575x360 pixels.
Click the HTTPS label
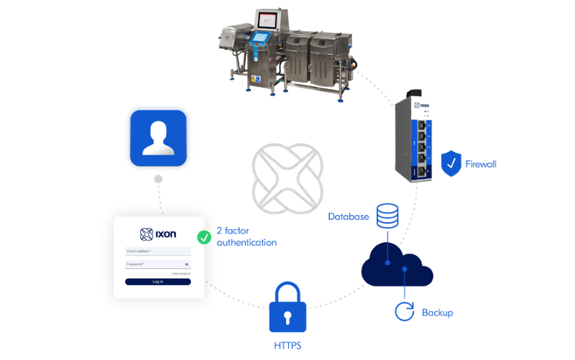[287, 346]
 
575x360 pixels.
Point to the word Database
[349, 216]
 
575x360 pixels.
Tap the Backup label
[437, 313]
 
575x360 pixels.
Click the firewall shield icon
[451, 164]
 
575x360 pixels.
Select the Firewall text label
[481, 165]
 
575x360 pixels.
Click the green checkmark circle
[204, 236]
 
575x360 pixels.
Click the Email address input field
[158, 251]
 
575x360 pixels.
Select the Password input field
[158, 264]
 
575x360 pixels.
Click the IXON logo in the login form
[158, 233]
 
